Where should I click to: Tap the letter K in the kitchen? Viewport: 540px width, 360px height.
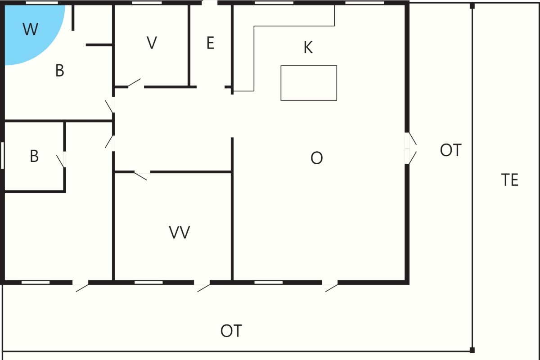(308, 47)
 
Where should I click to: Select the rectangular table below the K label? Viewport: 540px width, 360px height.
(309, 83)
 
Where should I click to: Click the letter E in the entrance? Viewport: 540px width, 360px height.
(211, 43)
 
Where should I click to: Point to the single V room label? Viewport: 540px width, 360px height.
(152, 43)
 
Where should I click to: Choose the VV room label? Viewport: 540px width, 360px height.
(180, 232)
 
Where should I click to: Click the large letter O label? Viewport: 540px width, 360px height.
(316, 158)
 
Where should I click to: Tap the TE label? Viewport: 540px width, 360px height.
(509, 180)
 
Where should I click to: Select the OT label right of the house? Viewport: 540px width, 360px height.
(450, 150)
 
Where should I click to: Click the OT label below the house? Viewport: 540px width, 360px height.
(231, 331)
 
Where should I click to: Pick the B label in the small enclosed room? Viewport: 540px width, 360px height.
(34, 156)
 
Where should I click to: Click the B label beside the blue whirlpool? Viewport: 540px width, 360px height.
(60, 70)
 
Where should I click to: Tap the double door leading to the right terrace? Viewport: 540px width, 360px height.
(410, 148)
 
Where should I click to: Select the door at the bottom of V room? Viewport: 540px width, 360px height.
(135, 83)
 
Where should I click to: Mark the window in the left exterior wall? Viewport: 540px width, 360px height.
(2, 156)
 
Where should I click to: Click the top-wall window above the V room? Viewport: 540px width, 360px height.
(147, 3)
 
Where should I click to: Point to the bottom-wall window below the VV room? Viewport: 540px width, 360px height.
(148, 282)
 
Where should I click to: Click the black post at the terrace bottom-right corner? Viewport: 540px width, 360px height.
(472, 350)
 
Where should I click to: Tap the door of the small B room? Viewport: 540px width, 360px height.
(61, 160)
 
